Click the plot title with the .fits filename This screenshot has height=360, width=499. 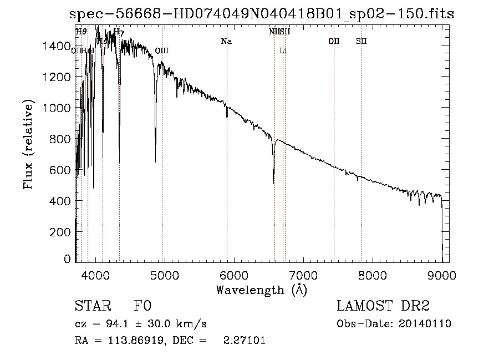coord(262,14)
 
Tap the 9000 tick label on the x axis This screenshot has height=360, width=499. coord(442,275)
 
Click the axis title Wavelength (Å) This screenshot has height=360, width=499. coord(261,290)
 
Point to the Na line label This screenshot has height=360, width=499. coord(226,41)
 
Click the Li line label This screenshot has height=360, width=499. coord(283,50)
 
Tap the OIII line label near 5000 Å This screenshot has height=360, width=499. coord(162,50)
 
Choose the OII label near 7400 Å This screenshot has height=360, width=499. coord(334,41)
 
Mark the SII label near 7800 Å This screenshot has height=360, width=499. coord(361,41)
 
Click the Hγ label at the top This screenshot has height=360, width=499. coord(119,32)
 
